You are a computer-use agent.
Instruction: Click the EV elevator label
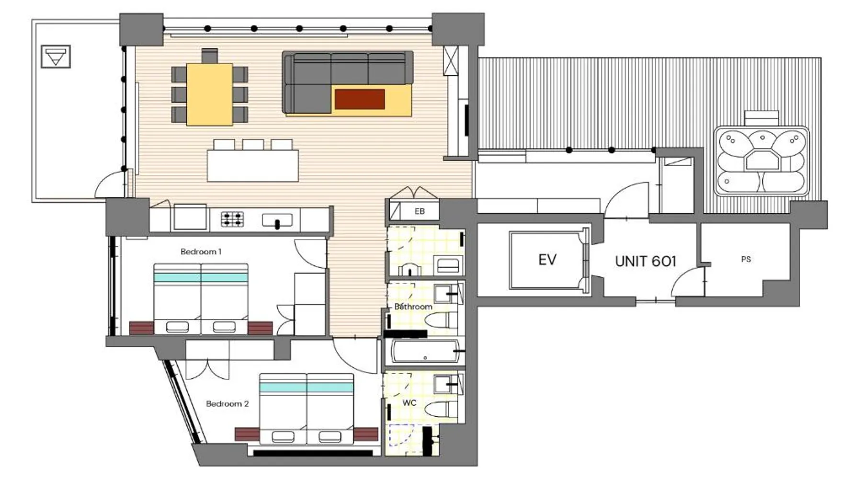pos(547,260)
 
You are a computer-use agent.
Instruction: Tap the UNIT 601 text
pos(646,261)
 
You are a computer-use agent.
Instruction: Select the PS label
pos(746,259)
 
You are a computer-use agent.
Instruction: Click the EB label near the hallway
pos(420,211)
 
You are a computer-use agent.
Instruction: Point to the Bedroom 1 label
pos(201,251)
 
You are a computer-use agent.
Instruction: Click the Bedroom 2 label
pos(227,404)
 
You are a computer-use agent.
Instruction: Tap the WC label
pos(409,403)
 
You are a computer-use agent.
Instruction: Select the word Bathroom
pos(413,306)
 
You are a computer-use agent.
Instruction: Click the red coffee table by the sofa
pos(360,99)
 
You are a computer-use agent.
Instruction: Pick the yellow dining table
pos(210,94)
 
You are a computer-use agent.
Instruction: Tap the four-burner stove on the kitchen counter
pos(232,219)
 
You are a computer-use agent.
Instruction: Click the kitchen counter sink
pos(277,220)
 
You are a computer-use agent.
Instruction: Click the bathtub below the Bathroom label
pos(425,352)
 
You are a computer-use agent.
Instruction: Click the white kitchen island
pos(253,166)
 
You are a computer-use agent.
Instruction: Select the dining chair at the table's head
pos(210,56)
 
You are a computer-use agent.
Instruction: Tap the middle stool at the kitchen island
pos(253,145)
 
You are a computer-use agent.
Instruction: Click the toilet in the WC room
pos(438,410)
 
